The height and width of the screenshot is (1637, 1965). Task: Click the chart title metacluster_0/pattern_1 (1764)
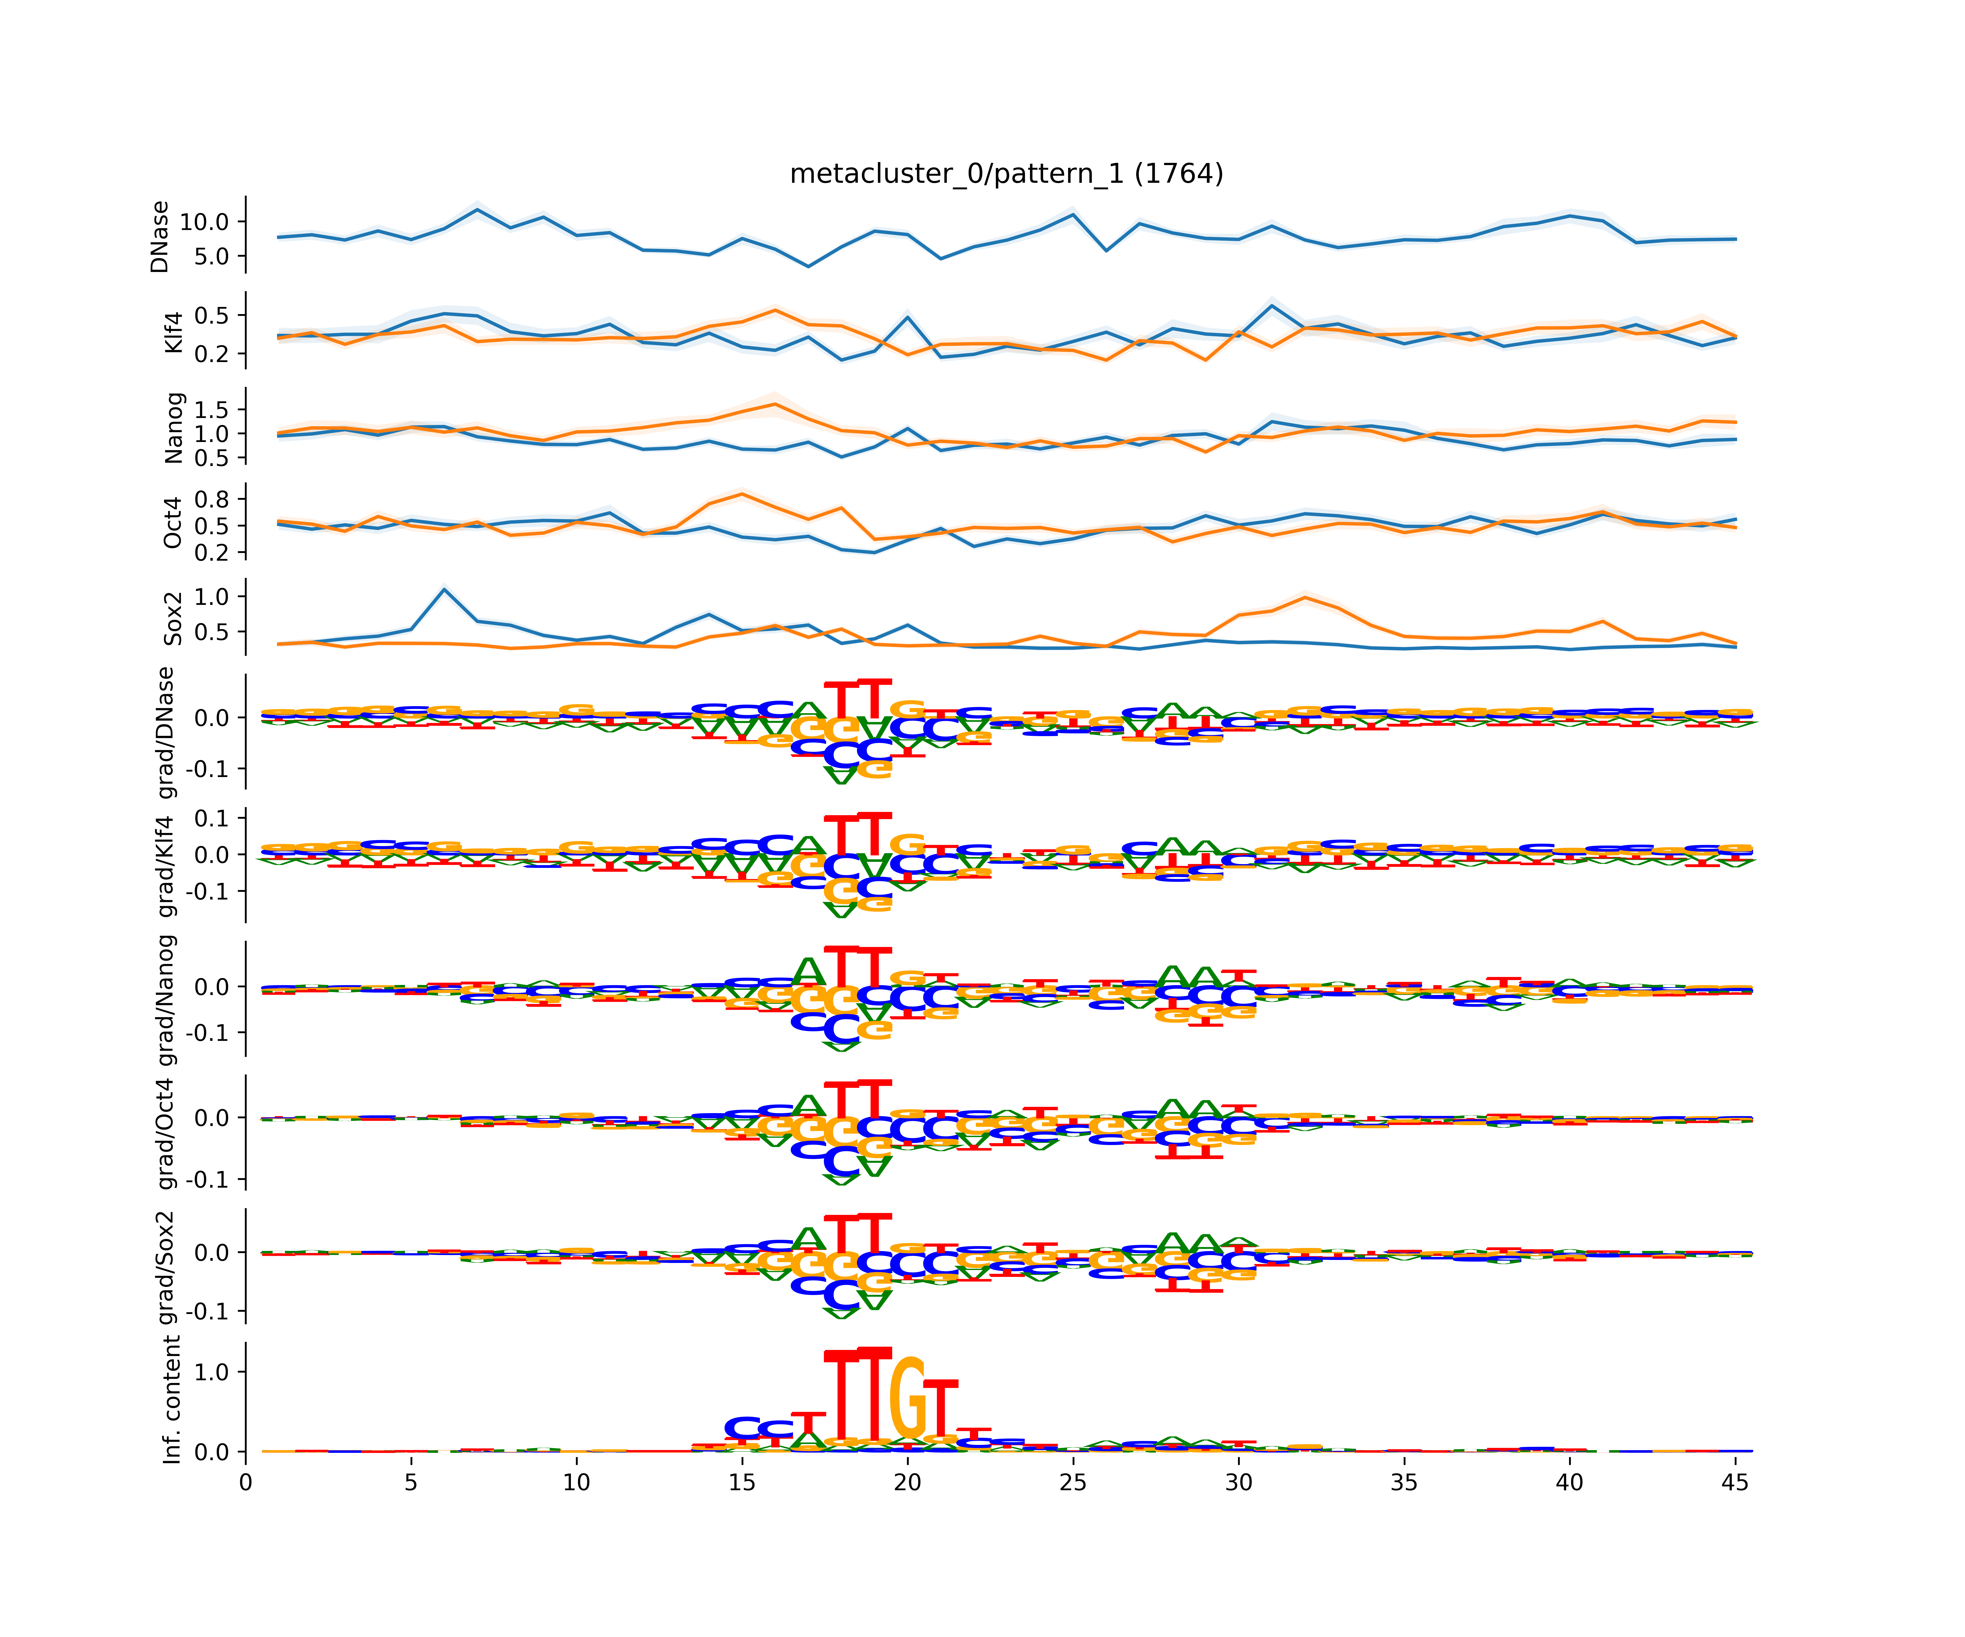click(1006, 174)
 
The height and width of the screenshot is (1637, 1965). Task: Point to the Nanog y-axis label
click(173, 428)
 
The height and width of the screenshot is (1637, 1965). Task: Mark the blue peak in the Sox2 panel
click(445, 589)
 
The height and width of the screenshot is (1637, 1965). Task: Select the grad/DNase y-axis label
click(166, 733)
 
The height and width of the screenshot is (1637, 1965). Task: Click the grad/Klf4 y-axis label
click(166, 865)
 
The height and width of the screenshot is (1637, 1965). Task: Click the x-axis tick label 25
click(1073, 1483)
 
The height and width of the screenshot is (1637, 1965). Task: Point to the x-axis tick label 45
click(1735, 1483)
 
